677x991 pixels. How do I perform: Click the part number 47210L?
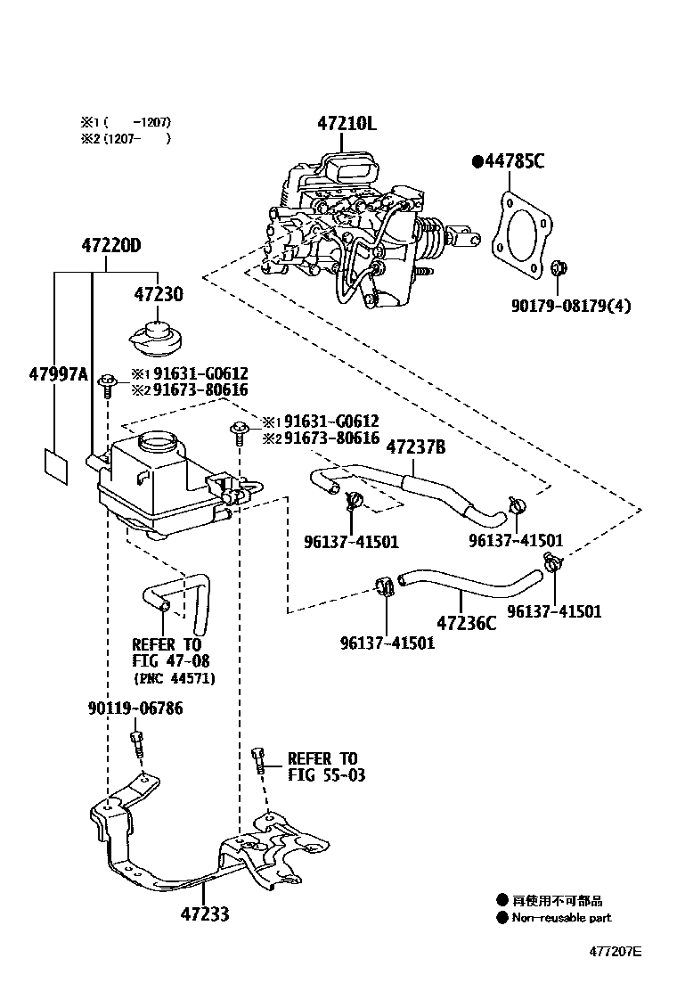pos(346,124)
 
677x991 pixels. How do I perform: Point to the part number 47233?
pos(204,913)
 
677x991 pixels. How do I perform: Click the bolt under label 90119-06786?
pos(136,742)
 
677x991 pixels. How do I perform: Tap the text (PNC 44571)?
pos(175,678)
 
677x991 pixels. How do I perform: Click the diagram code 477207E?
pos(614,951)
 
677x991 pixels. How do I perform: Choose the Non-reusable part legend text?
pos(561,918)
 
